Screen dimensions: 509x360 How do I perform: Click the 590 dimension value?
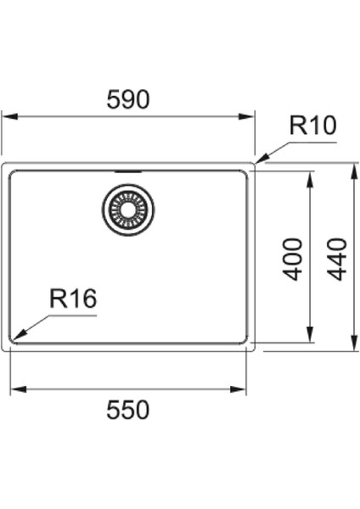click(x=128, y=100)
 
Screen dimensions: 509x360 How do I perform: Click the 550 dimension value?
click(x=128, y=410)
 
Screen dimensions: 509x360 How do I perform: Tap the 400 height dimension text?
click(x=293, y=259)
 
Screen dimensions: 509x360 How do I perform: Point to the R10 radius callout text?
click(x=312, y=126)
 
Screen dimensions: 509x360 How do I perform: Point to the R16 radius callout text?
click(x=73, y=299)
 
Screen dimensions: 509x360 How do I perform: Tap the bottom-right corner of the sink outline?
click(x=254, y=350)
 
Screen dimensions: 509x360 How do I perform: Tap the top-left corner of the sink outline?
click(x=3, y=164)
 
